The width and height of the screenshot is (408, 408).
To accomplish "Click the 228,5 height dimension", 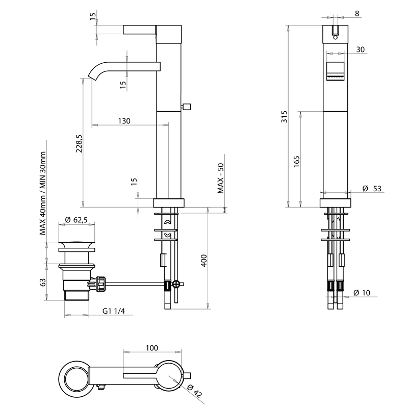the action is (x=80, y=143).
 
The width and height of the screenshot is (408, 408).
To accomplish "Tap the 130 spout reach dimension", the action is (x=124, y=121).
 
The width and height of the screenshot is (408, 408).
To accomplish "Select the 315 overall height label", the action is (x=285, y=117).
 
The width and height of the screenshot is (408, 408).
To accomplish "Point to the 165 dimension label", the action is (x=297, y=161).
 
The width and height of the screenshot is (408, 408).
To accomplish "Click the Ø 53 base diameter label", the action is (x=372, y=188).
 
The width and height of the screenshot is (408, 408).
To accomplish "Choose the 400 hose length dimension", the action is (x=204, y=260).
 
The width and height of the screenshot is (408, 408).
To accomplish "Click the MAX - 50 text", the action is (x=221, y=178).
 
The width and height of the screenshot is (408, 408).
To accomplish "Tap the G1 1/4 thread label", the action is (x=114, y=311).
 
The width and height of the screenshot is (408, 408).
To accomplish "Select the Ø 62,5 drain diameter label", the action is (x=76, y=220).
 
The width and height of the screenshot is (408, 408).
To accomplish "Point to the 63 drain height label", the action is (x=43, y=283).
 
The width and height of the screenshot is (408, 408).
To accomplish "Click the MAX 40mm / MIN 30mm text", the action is (x=43, y=193).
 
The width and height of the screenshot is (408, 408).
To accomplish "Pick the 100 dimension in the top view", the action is (x=151, y=348).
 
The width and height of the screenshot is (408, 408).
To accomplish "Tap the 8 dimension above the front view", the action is (x=357, y=13).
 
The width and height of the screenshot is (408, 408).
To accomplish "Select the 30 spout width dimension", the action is (x=361, y=49).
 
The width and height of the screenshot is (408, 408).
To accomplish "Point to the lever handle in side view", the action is (x=140, y=30).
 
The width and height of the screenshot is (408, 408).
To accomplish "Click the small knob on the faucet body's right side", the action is (x=186, y=107).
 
